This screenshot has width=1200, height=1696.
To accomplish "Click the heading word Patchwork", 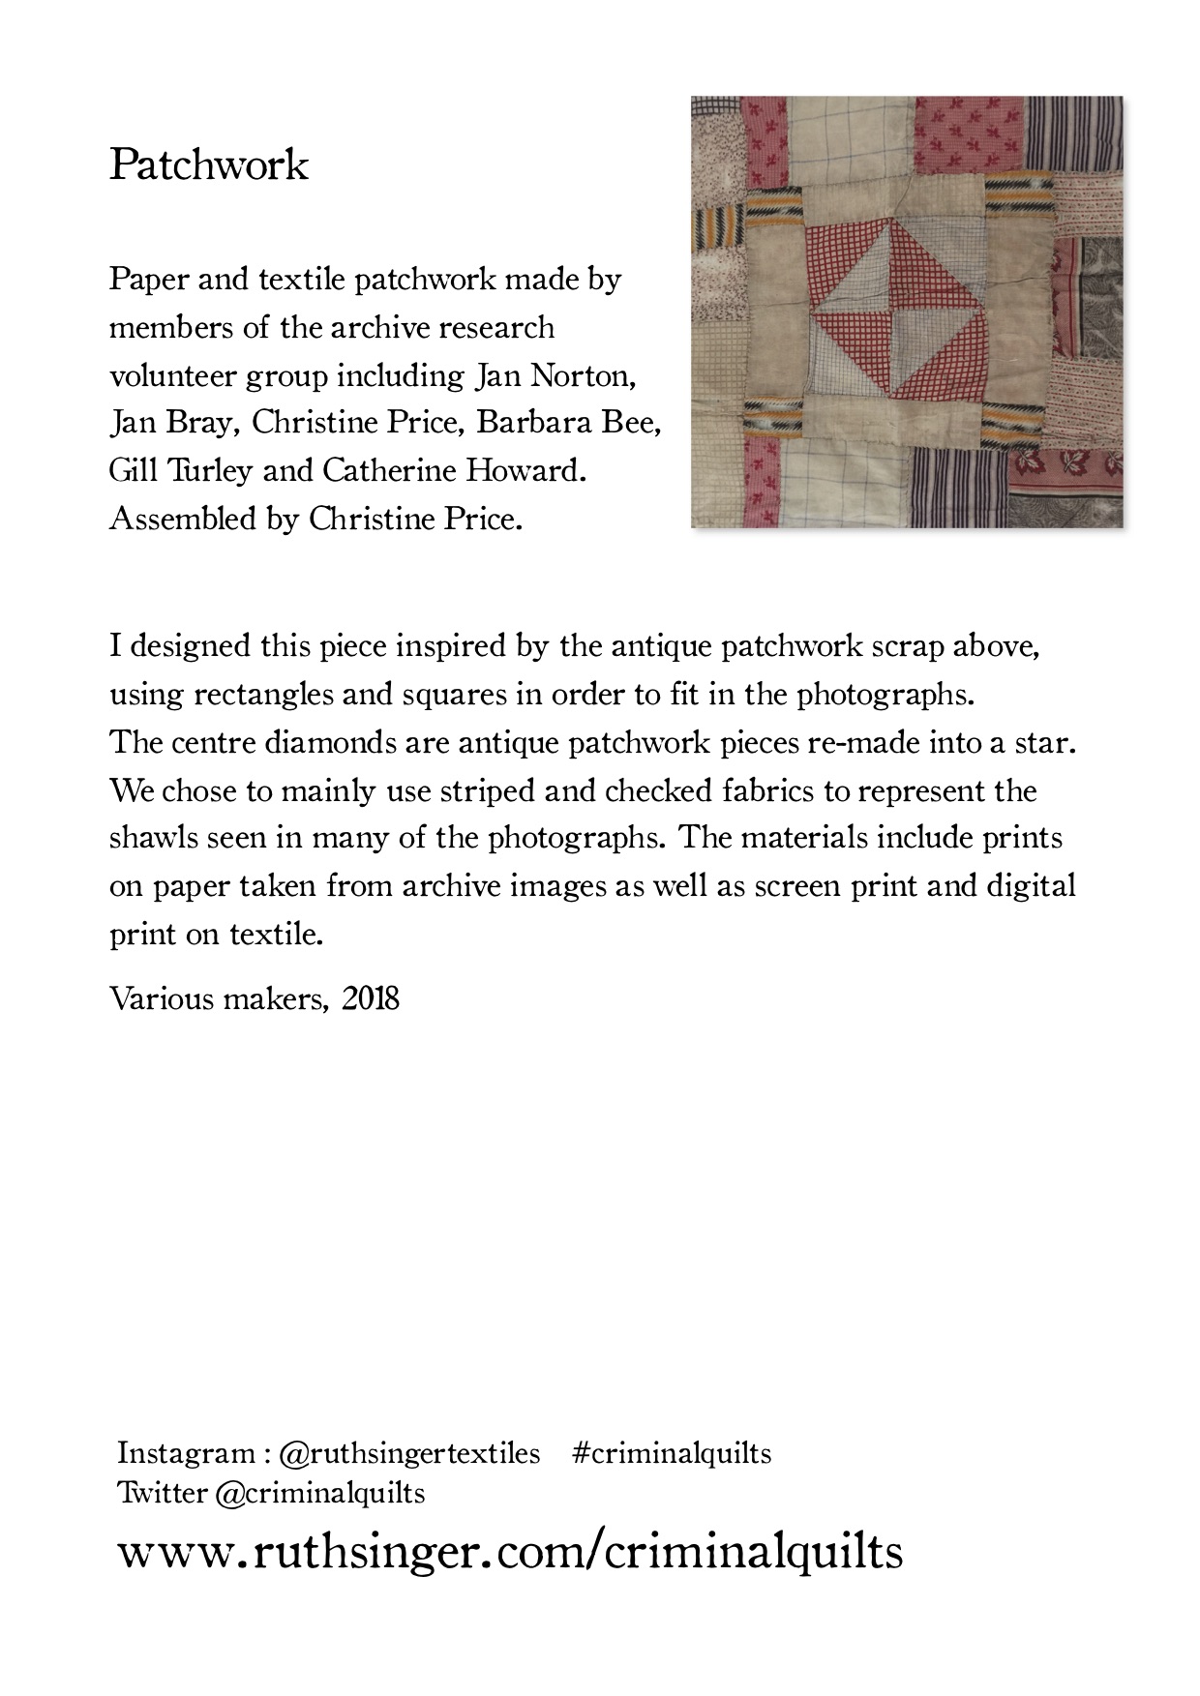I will (208, 165).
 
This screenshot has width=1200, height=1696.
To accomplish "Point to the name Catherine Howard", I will (454, 471).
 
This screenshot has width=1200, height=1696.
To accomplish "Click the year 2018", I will (371, 998).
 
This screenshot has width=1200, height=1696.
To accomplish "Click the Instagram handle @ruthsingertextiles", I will (409, 1453).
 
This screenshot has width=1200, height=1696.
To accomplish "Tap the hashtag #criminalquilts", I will (672, 1453).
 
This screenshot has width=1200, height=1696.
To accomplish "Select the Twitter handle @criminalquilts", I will (319, 1493).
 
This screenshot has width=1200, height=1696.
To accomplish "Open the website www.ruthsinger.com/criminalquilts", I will (510, 1551).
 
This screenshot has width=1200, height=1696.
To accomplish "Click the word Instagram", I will (186, 1453).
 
